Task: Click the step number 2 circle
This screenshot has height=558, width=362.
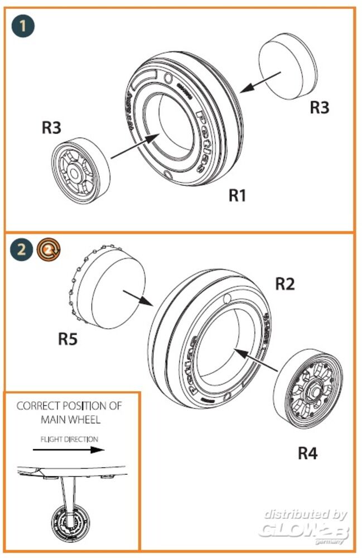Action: tap(21, 248)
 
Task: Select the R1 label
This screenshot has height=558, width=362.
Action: tap(237, 196)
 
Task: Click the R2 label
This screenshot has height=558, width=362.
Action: tap(284, 284)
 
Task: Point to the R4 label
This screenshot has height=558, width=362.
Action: tap(307, 453)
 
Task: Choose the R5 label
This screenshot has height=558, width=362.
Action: tap(67, 339)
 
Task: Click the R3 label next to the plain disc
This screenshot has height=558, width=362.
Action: tap(320, 107)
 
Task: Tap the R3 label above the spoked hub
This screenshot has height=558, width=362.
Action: tap(51, 128)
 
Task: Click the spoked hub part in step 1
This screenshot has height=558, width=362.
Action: tap(81, 171)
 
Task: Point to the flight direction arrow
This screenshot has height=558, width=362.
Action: tap(69, 449)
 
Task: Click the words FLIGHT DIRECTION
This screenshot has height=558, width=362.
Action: tap(69, 439)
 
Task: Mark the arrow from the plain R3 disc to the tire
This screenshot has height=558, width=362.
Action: tap(262, 82)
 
